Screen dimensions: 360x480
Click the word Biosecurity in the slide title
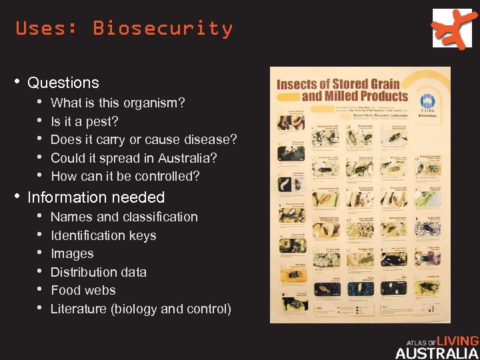click(163, 29)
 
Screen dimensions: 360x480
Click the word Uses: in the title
click(47, 29)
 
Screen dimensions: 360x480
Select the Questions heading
click(63, 83)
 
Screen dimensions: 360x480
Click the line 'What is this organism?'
click(118, 103)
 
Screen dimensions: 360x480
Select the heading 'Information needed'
click(96, 197)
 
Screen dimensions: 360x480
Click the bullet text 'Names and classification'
click(124, 217)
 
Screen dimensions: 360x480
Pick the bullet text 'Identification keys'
click(103, 235)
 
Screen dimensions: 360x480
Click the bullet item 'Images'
click(72, 253)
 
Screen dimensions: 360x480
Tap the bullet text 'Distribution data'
click(99, 272)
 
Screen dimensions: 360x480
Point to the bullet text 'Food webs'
click(83, 290)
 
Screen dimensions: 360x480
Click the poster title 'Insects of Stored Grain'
click(338, 84)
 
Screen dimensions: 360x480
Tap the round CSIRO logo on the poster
click(427, 102)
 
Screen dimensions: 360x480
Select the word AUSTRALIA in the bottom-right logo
click(437, 353)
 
